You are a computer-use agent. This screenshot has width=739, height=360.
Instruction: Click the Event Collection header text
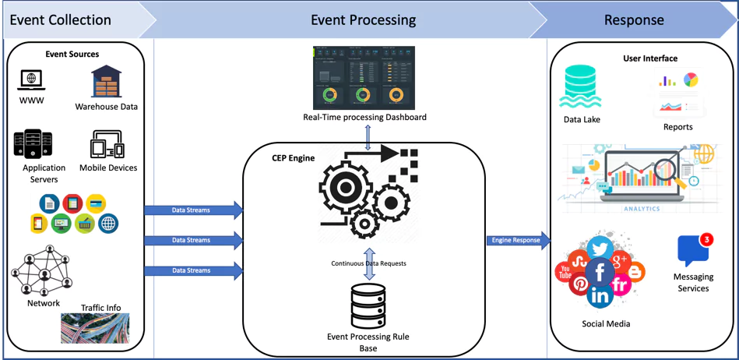[60, 19]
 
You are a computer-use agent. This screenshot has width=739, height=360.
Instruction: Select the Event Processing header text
[363, 19]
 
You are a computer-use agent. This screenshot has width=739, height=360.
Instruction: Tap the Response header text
[634, 19]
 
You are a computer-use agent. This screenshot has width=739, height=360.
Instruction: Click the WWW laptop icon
[31, 80]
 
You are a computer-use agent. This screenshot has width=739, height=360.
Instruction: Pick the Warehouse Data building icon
[106, 82]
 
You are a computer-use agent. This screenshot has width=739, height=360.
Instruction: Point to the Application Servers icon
[33, 144]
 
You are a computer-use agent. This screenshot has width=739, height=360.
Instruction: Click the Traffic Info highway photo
[95, 328]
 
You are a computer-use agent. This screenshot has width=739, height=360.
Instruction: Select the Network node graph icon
[41, 270]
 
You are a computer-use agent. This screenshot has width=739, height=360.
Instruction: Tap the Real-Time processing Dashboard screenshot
[364, 78]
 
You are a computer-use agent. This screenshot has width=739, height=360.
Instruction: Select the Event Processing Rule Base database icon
[368, 305]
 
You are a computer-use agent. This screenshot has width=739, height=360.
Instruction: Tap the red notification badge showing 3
[706, 239]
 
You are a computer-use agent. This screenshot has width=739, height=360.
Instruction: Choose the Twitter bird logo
[599, 249]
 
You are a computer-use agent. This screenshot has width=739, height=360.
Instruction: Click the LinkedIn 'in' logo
[600, 295]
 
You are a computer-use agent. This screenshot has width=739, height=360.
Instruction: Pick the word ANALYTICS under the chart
[641, 209]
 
